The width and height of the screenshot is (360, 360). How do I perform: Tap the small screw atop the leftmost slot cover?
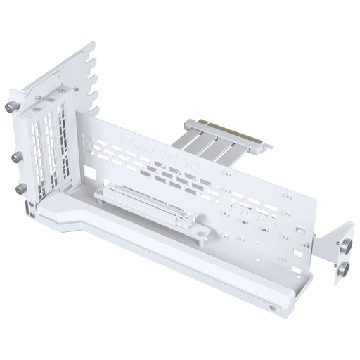[x=31, y=112]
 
